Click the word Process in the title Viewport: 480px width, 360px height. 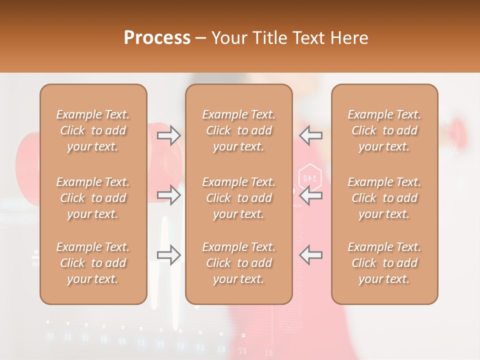(157, 37)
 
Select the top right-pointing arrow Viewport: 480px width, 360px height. (169, 135)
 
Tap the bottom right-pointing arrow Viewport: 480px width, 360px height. (169, 255)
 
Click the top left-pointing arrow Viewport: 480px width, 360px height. (311, 135)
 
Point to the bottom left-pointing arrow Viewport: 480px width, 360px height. (311, 255)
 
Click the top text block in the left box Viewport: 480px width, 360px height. (93, 130)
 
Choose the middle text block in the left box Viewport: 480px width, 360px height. (93, 198)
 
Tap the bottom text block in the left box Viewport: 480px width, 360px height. (93, 263)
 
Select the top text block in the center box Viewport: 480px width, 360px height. (239, 130)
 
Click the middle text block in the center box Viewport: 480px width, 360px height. (239, 198)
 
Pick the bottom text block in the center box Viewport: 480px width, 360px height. (239, 263)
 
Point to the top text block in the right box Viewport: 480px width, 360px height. (384, 130)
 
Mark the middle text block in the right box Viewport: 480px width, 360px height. (384, 198)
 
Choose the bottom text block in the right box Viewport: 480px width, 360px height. (384, 263)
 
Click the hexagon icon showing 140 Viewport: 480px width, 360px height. (309, 177)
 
